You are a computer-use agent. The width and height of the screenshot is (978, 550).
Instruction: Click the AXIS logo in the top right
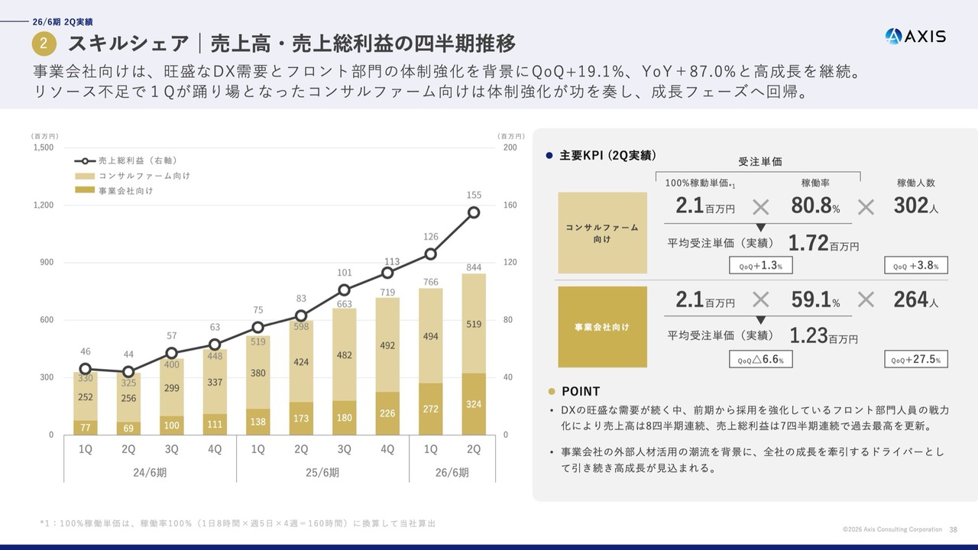[x=915, y=36]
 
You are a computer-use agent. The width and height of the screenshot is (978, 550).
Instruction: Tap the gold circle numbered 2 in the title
[x=44, y=44]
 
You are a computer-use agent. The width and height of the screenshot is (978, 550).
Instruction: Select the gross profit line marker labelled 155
[x=474, y=212]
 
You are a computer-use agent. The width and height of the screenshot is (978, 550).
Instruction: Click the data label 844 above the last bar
[x=474, y=267]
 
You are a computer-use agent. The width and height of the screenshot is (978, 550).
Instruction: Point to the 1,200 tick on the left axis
[x=43, y=205]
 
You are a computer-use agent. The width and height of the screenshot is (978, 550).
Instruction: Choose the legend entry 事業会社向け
[x=125, y=190]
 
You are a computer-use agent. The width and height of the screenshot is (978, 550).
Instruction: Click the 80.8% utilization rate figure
[x=815, y=206]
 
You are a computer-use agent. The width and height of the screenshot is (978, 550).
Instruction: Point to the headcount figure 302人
[x=915, y=206]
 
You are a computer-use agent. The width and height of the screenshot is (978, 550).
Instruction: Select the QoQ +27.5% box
[x=915, y=359]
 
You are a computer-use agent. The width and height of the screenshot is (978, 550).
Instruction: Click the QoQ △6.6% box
[x=760, y=359]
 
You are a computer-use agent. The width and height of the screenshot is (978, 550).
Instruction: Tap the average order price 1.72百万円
[x=823, y=244]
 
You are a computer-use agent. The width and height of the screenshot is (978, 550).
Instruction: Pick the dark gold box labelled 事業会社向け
[x=602, y=327]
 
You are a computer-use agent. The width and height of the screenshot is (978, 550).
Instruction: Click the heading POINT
[x=580, y=391]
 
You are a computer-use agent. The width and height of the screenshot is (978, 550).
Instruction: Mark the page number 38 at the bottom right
[x=953, y=529]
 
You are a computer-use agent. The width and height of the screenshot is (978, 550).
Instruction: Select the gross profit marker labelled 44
[x=128, y=372]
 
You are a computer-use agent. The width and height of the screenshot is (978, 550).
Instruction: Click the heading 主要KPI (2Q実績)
[x=607, y=155]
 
